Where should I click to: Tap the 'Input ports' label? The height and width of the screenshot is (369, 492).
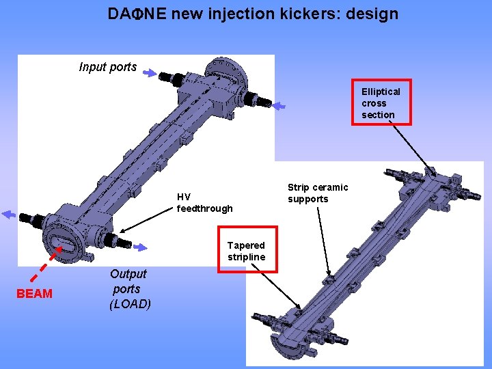click(x=107, y=67)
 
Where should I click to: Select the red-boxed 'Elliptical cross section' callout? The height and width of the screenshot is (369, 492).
click(x=386, y=103)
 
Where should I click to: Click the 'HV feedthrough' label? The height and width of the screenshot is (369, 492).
click(x=204, y=202)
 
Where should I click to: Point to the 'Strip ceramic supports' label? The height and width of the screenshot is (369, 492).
click(x=317, y=193)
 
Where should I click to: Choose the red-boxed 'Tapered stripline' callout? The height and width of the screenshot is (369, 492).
click(x=247, y=251)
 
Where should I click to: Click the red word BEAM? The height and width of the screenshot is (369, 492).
click(x=35, y=294)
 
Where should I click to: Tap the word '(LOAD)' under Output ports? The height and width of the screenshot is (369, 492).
click(x=130, y=304)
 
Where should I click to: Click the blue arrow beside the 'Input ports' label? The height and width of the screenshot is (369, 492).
click(x=152, y=74)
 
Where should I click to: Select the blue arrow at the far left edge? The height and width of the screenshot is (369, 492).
click(x=8, y=214)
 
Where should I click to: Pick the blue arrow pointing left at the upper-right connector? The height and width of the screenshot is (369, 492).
click(x=279, y=106)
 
